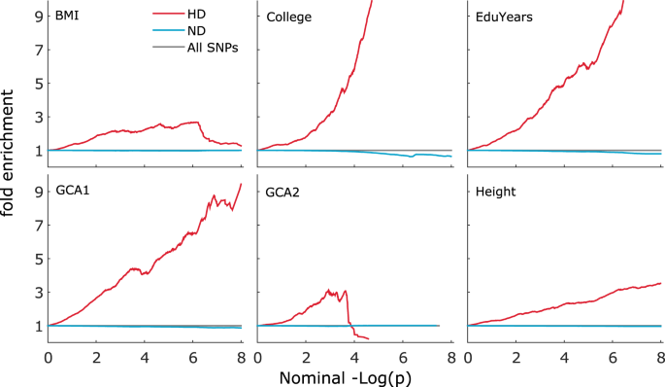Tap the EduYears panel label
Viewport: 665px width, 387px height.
[502, 18]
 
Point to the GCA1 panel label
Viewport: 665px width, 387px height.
[74, 192]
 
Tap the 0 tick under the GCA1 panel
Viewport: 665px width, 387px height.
[49, 357]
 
